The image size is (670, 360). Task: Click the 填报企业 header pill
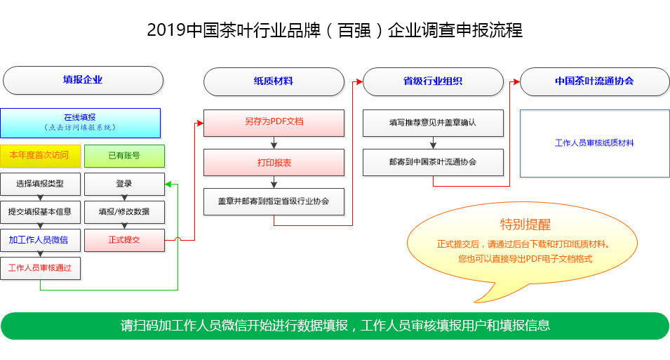[x=83, y=80]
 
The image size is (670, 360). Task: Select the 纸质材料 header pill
[x=274, y=81]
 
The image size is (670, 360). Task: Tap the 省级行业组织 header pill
[x=433, y=81]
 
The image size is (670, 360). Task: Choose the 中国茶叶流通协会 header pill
[x=594, y=81]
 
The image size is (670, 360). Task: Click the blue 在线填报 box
[x=80, y=122]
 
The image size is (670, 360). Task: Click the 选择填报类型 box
[x=40, y=184]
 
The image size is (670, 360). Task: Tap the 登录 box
[x=124, y=184]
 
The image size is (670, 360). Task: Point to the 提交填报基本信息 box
[x=40, y=212]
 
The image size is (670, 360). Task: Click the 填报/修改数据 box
[x=124, y=212]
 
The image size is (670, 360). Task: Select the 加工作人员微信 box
[x=40, y=240]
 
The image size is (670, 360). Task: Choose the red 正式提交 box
[x=124, y=240]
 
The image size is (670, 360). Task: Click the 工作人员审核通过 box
[x=40, y=268]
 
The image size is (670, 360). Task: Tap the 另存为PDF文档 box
[x=274, y=122]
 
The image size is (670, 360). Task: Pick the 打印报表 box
[x=274, y=163]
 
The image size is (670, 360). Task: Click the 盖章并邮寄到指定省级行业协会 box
[x=274, y=202]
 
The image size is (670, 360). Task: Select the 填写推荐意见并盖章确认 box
[x=433, y=122]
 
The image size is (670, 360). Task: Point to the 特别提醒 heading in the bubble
[x=525, y=225]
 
